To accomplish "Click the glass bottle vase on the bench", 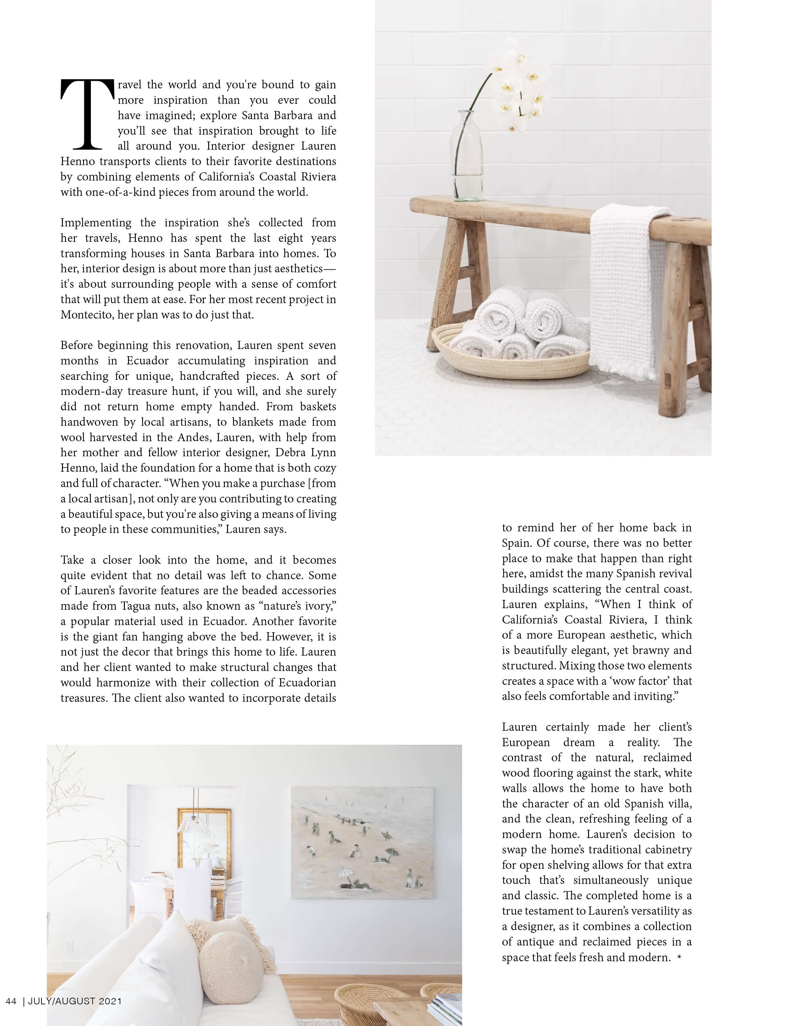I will point(467,157).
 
